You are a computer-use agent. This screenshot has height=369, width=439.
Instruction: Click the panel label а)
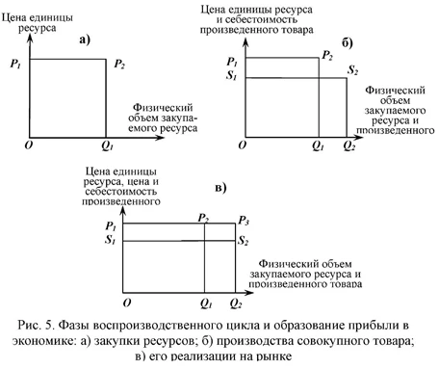coord(86,40)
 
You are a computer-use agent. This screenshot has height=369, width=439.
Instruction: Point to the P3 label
coord(244,221)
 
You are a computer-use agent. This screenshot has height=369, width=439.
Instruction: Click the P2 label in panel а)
coord(118,65)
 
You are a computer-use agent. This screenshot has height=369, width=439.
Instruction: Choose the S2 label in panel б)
coord(353,73)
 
